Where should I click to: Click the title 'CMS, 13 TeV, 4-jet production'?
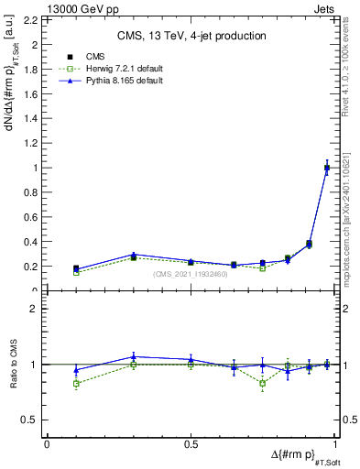pyautogui.click(x=191, y=37)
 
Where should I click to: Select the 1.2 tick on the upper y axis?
pyautogui.click(x=33, y=143)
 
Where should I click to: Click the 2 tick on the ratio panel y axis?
pyautogui.click(x=38, y=309)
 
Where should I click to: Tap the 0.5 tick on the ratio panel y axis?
pyautogui.click(x=33, y=420)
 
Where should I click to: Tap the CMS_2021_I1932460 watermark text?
pyautogui.click(x=191, y=274)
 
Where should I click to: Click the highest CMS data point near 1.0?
pyautogui.click(x=327, y=168)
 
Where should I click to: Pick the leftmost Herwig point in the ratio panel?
pyautogui.click(x=76, y=383)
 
